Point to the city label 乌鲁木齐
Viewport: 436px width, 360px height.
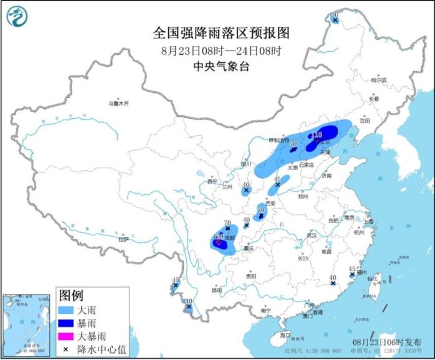pos(118,103)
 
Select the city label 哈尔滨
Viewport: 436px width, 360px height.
pos(379,80)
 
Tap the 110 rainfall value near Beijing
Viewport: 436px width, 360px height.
pos(316,134)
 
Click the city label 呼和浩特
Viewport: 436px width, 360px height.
pos(279,140)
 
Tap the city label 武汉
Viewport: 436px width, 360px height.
pos(312,235)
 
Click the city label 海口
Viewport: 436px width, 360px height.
pos(285,335)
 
